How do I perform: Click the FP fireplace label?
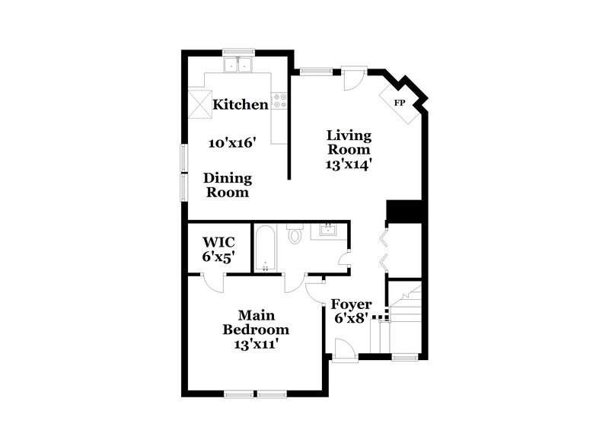click(399, 103)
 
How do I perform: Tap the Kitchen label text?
click(240, 104)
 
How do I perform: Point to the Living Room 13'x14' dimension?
click(349, 164)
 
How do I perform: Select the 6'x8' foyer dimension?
click(352, 318)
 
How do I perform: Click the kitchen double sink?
click(239, 65)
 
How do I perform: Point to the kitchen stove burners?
click(279, 100)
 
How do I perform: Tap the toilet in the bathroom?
click(295, 235)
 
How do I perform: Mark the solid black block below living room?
click(403, 211)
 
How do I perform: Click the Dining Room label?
click(228, 185)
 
